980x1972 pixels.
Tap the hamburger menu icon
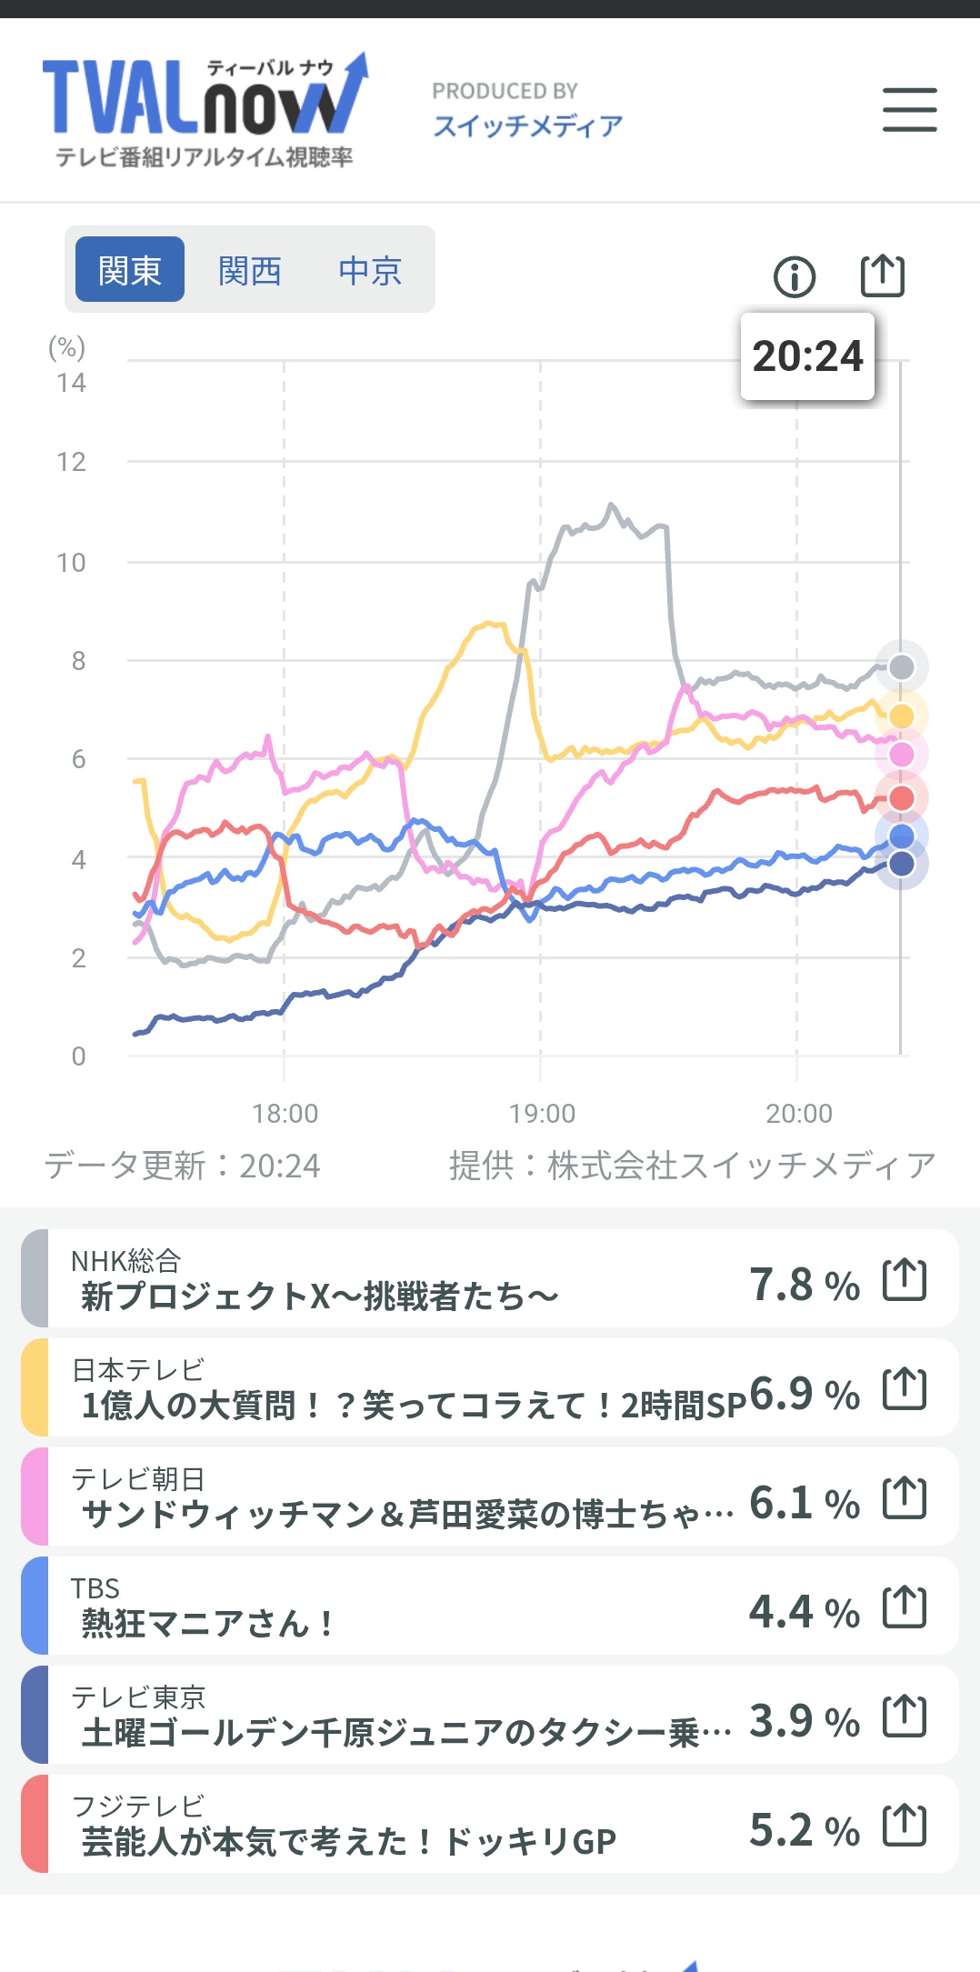tap(909, 110)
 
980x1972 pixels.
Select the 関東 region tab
tap(129, 270)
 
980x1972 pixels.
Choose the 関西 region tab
tap(249, 270)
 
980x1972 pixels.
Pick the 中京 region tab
tap(370, 270)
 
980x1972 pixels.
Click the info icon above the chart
tap(795, 276)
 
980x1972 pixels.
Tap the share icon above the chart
tap(882, 275)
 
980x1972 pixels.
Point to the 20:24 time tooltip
tap(807, 356)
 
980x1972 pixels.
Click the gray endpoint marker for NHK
tap(901, 667)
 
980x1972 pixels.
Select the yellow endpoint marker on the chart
tap(901, 716)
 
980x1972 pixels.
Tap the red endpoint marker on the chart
tap(901, 798)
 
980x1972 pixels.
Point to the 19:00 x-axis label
tap(542, 1114)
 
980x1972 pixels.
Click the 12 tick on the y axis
tap(71, 463)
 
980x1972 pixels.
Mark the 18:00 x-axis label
tap(285, 1114)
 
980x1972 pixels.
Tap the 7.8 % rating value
tap(804, 1285)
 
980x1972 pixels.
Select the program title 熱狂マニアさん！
tap(207, 1623)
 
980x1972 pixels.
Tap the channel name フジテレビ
tap(138, 1806)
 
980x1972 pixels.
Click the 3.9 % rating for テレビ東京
tap(804, 1721)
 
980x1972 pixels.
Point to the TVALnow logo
tap(205, 109)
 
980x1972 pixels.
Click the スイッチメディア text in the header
tap(527, 125)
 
